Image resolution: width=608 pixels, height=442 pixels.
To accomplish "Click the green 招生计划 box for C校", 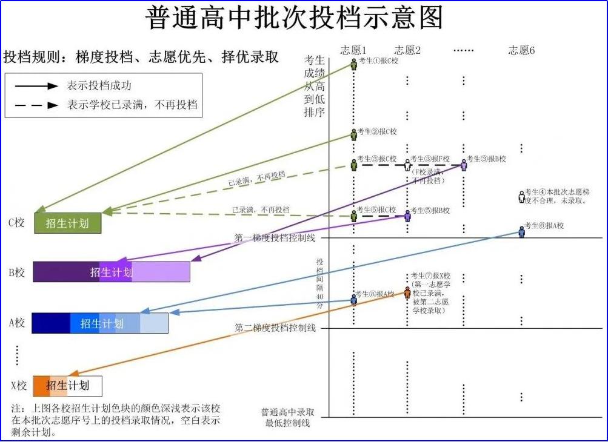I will pos(67,223).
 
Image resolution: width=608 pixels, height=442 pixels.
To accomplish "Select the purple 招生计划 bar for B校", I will pos(112,272).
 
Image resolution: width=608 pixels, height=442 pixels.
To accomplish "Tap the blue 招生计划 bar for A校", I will pos(100,323).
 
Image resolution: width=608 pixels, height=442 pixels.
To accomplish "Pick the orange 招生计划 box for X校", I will pos(67,386).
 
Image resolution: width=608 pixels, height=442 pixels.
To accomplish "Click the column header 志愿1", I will pos(353,50).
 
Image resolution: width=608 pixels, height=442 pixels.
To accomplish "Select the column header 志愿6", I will pos(521,50).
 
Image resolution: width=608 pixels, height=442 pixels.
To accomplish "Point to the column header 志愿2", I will pos(407,50).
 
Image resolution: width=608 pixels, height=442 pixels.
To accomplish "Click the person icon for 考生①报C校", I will pos(354,64).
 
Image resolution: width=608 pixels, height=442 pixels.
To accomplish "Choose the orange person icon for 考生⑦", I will pos(407,293).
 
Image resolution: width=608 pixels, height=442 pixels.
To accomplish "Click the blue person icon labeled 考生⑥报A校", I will pos(521,231).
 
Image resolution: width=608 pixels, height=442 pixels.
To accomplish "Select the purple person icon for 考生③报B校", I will pos(464,164).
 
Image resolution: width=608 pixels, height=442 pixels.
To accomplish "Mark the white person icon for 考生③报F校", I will pos(407,165).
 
